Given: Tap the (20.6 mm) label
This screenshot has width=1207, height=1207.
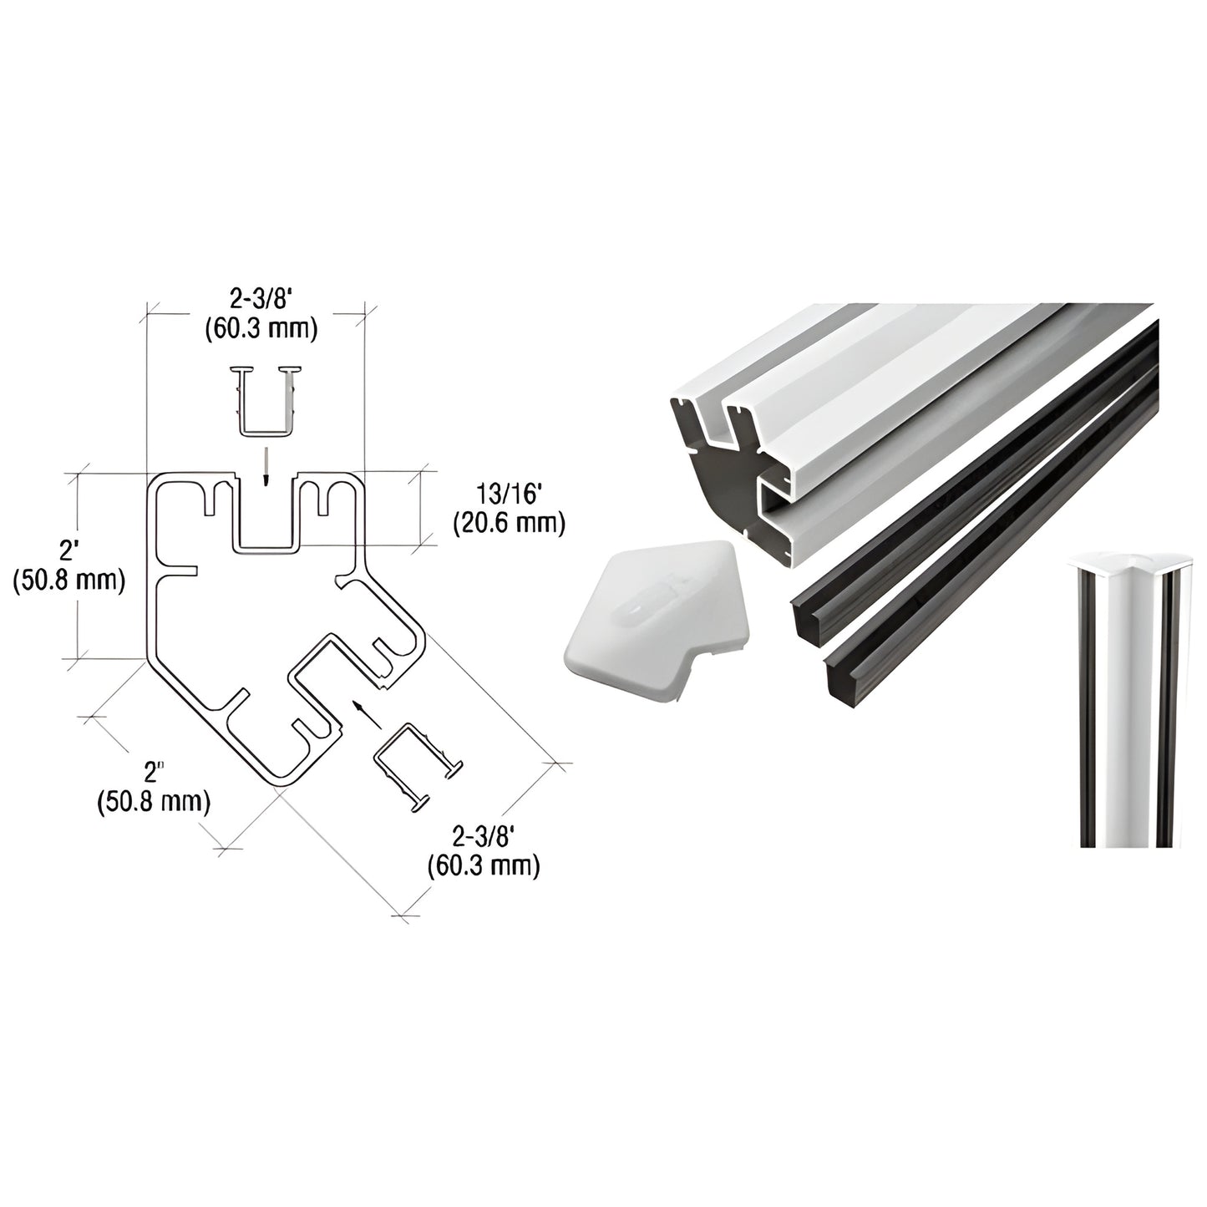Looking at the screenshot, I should [510, 524].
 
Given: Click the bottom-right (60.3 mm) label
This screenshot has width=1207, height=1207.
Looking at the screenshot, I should [483, 865].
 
